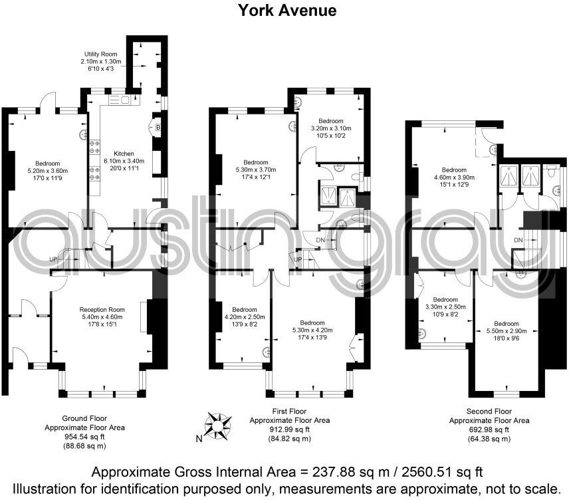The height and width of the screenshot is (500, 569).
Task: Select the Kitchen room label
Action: click(x=124, y=152)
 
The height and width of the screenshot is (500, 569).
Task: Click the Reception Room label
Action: click(x=102, y=309)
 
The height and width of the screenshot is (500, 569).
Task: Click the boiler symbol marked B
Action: click(x=158, y=127)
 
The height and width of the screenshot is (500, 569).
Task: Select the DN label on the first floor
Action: click(x=320, y=240)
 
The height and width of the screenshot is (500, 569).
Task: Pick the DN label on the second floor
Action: click(x=518, y=239)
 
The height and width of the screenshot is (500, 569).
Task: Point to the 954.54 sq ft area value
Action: click(x=84, y=437)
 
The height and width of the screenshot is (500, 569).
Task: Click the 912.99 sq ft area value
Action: click(x=289, y=430)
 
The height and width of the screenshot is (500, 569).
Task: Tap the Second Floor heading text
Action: click(x=489, y=412)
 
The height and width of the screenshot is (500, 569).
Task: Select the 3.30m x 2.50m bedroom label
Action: click(x=445, y=307)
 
